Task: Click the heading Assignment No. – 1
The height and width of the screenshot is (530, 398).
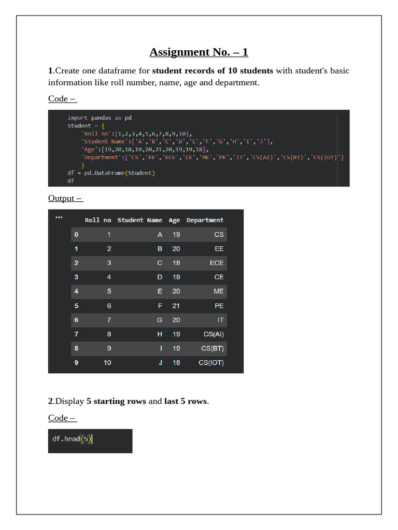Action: coord(199,52)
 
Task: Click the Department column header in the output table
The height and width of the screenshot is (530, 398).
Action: coord(205,220)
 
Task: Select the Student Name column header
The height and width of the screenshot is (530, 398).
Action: coord(139,220)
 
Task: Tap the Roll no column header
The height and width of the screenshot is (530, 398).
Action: coord(98,220)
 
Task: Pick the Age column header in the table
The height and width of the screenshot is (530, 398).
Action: coord(174,220)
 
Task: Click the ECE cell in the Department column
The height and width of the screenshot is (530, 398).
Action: coord(217,263)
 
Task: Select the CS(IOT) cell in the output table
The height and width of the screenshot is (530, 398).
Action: coord(211,363)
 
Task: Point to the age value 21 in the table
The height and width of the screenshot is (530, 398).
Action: coord(176,306)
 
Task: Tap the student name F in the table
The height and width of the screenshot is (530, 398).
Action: coord(160,306)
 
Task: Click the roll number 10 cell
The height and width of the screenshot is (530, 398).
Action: coord(107,363)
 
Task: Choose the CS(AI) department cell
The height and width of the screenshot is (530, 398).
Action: coord(214,334)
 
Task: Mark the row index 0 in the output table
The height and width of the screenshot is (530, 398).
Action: coord(76,234)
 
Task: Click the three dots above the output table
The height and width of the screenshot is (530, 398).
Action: coord(59,217)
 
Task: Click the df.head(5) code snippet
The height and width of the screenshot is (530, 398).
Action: coord(72,439)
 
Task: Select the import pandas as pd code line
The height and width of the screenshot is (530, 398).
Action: coord(99,118)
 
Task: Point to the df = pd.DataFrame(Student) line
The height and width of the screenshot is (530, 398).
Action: coord(111,173)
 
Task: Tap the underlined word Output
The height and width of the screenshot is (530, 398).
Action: coord(62,198)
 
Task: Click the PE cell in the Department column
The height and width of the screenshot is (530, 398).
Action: coord(219,306)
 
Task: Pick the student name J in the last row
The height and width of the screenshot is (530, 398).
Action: coord(160,363)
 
